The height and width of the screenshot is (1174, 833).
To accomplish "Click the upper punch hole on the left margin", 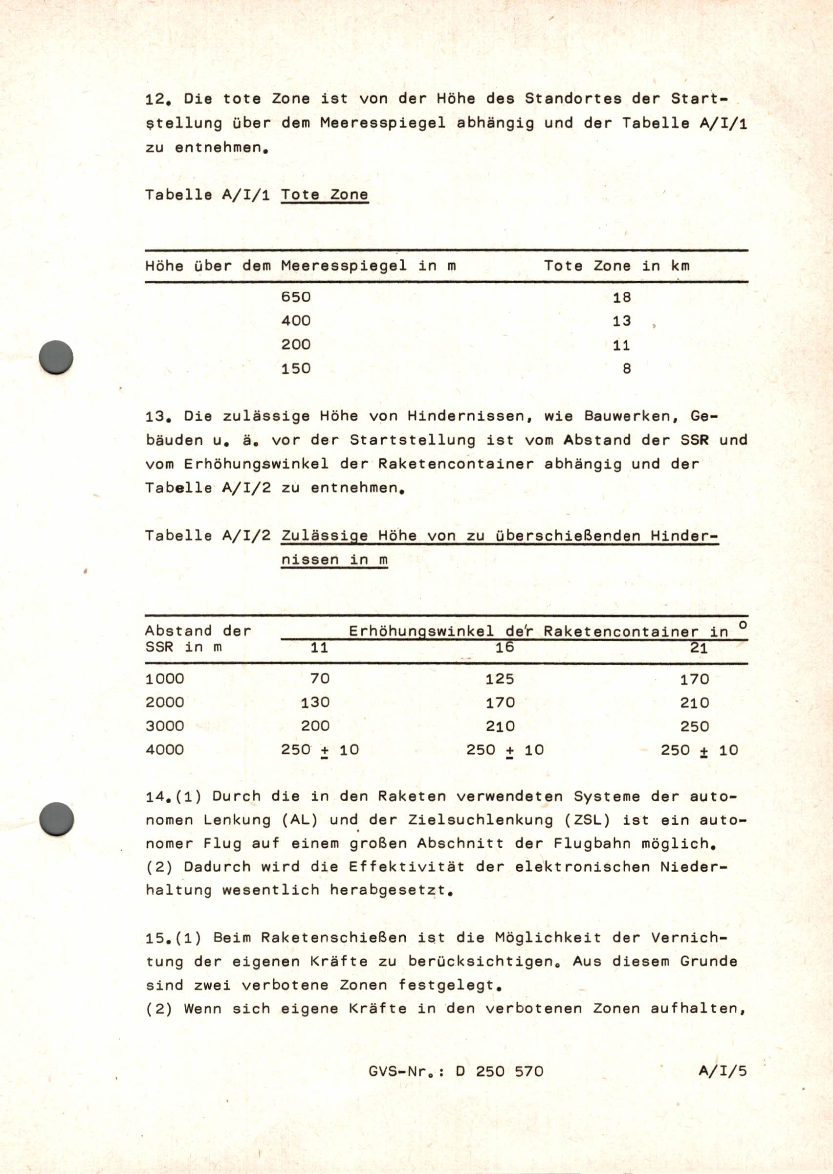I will click(56, 357).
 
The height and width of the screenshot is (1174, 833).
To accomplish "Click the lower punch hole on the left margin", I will click(56, 819).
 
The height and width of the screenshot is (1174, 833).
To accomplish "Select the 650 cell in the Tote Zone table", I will click(295, 297).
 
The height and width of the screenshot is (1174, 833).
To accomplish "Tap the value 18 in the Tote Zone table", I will click(621, 297).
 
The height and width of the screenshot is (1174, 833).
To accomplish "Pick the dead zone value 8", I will click(626, 368).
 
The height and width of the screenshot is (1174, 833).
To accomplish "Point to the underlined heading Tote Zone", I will click(324, 195).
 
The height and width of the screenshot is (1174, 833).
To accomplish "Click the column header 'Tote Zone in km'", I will click(616, 266).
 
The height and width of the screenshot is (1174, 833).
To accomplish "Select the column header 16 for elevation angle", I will click(504, 648).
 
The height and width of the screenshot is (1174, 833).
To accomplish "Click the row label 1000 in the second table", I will click(164, 679).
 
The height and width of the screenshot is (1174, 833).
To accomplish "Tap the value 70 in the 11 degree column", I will click(320, 679).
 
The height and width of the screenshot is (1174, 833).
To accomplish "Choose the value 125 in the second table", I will click(500, 679).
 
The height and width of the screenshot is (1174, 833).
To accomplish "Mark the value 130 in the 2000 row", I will click(315, 702).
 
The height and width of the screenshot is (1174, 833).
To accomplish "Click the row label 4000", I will click(164, 750).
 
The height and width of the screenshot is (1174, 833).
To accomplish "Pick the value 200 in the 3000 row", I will click(315, 726).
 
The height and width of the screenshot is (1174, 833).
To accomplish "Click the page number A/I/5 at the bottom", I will click(722, 1071).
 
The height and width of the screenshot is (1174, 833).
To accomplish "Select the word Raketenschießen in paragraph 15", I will click(333, 938).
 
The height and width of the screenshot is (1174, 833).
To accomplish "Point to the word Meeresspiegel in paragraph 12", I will click(383, 123).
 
